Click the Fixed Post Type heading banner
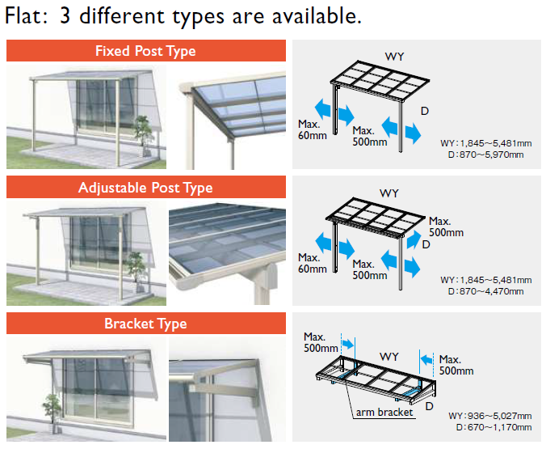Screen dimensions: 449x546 pyautogui.click(x=146, y=52)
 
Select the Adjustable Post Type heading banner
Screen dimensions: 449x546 pyautogui.click(x=146, y=188)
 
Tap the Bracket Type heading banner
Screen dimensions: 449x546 pyautogui.click(x=146, y=324)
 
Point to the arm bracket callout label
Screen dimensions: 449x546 pyautogui.click(x=384, y=412)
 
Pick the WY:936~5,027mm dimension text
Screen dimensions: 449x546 pyautogui.click(x=491, y=416)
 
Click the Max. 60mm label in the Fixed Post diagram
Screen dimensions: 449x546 pyautogui.click(x=309, y=129)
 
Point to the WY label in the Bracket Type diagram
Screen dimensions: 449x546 pyautogui.click(x=389, y=356)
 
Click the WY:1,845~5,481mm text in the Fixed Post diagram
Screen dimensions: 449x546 pyautogui.click(x=485, y=143)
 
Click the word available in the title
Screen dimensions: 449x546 pyautogui.click(x=313, y=16)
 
